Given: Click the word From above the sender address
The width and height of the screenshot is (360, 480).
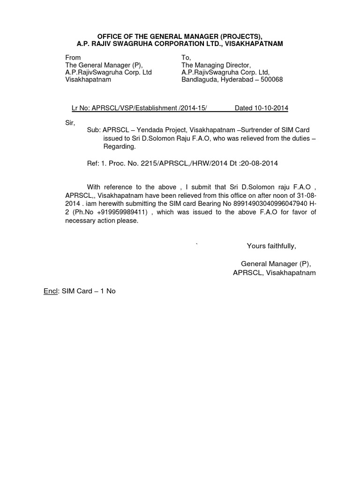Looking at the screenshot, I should click(x=73, y=58).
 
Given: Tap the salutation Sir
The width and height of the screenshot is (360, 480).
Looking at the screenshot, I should click(x=69, y=122).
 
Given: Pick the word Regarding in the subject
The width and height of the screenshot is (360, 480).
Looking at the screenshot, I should click(x=120, y=147).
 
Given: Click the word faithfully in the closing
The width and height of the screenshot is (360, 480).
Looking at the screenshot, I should click(x=280, y=246).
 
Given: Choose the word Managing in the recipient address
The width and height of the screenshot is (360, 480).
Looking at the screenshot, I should click(x=211, y=65).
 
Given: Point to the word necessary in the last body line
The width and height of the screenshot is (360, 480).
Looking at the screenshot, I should click(x=79, y=221).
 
